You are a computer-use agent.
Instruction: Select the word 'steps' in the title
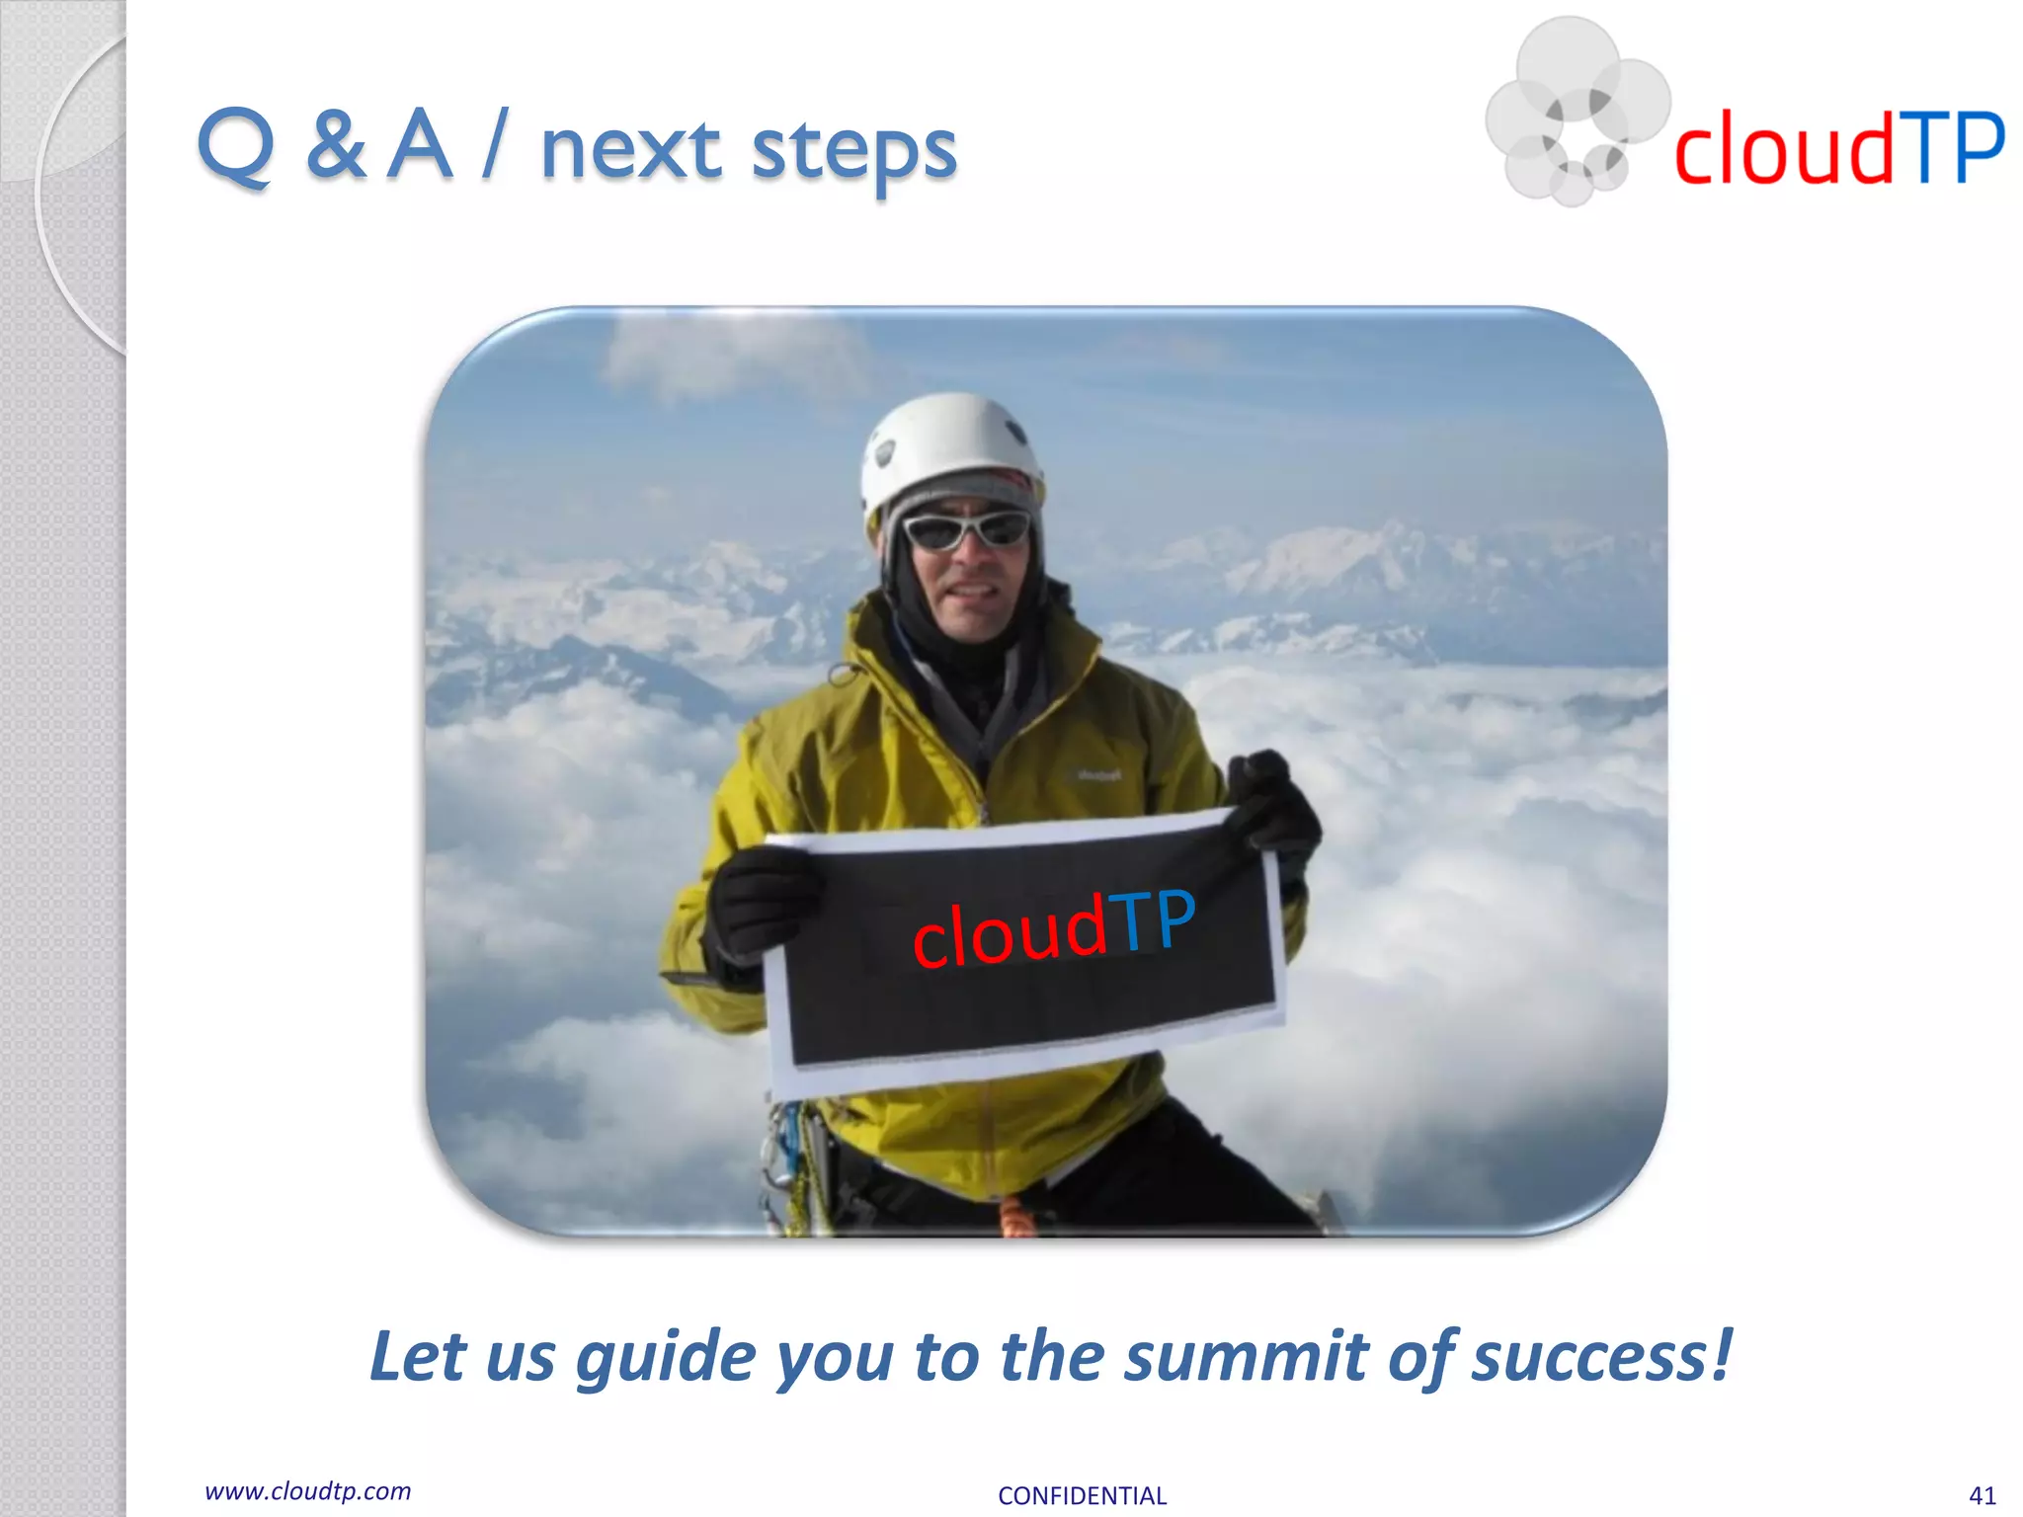853,153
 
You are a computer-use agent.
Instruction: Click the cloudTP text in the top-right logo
1838,149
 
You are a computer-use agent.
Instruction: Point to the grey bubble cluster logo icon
1575,111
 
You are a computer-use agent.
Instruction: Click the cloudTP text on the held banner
1053,928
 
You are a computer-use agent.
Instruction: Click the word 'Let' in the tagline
416,1355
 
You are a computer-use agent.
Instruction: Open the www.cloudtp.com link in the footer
307,1491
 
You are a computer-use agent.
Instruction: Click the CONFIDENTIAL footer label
1082,1496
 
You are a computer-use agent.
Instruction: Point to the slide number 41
1982,1495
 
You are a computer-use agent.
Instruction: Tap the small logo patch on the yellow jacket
1098,776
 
